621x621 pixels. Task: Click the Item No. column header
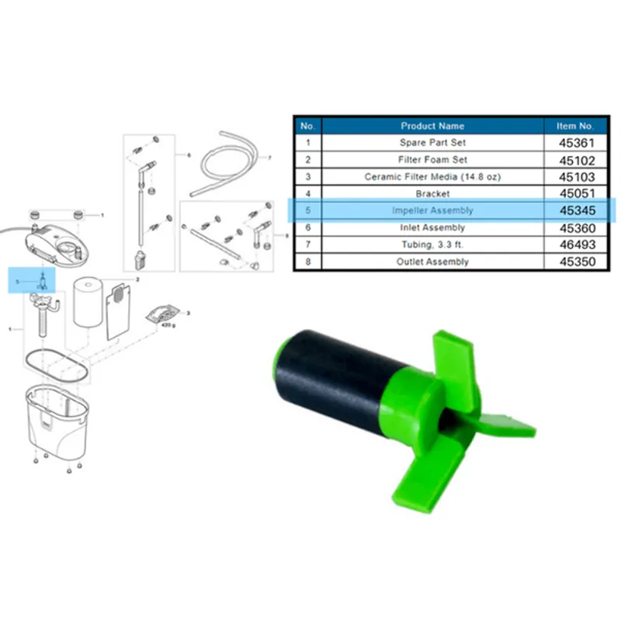[574, 126]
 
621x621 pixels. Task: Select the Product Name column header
[432, 126]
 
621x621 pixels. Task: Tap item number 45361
[577, 143]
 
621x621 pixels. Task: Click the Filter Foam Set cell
[432, 160]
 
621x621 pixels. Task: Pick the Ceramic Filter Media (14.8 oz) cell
[432, 177]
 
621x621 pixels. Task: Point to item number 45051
[578, 193]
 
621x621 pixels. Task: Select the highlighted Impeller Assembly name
[432, 210]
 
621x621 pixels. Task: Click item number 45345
[578, 210]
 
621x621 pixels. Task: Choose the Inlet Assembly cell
[432, 227]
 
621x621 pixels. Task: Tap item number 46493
[578, 245]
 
